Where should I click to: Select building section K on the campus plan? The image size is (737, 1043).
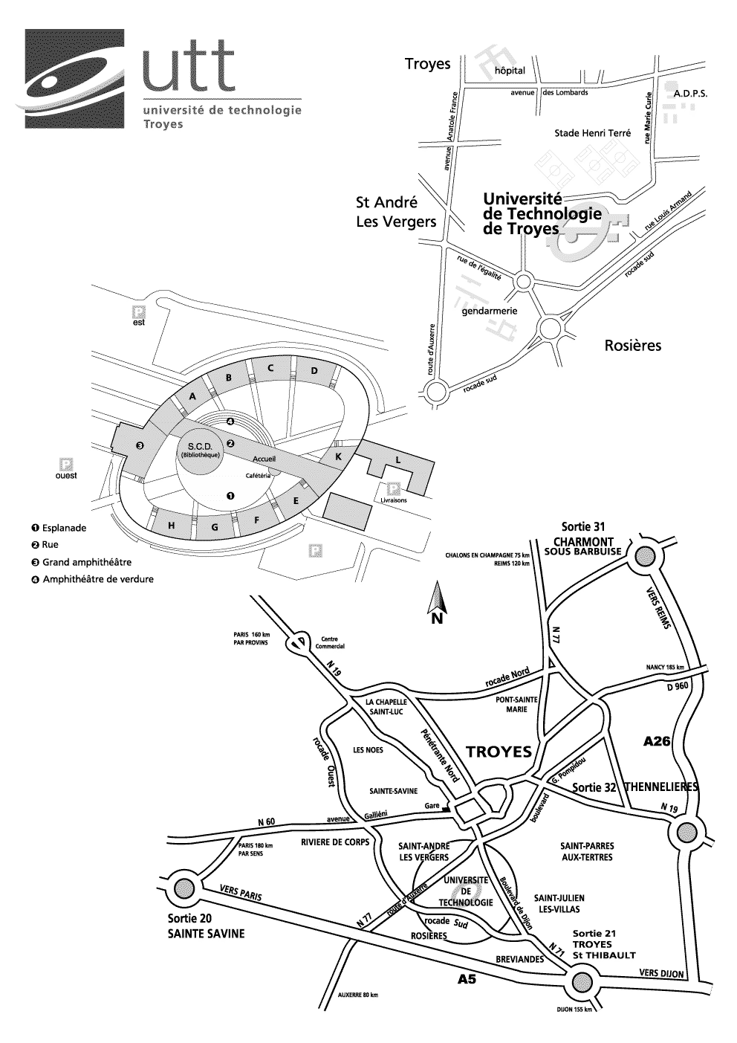(338, 457)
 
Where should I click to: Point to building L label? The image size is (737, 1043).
(397, 461)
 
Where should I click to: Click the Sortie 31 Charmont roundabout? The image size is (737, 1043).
(645, 556)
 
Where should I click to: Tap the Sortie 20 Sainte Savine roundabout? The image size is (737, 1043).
(183, 887)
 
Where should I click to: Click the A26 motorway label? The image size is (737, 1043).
(656, 741)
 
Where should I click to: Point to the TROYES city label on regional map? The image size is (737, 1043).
(499, 752)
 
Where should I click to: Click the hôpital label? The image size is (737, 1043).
(510, 71)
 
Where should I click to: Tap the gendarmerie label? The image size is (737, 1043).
(490, 311)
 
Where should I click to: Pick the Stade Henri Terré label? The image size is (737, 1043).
(592, 134)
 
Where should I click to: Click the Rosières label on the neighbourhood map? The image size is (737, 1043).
(633, 346)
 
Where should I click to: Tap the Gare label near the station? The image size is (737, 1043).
(432, 806)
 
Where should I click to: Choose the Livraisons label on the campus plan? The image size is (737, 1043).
(395, 500)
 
